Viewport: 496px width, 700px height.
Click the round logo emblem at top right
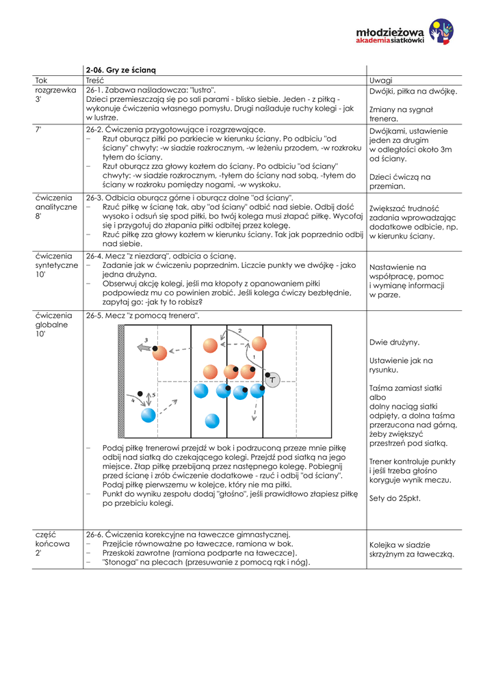[x=441, y=31]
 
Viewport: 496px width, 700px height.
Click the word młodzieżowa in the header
[x=390, y=32]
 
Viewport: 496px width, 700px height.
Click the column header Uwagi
[x=380, y=80]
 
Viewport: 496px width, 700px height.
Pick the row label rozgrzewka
[x=55, y=90]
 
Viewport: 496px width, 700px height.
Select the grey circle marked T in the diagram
[x=273, y=379]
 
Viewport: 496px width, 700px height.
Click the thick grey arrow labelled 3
[x=144, y=347]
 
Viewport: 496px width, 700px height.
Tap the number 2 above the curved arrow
[x=239, y=331]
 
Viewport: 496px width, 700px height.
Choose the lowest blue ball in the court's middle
[x=212, y=420]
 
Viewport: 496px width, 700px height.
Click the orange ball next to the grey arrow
[x=159, y=353]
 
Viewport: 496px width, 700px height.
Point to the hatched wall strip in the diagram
[x=121, y=381]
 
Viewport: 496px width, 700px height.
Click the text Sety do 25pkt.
[x=395, y=498]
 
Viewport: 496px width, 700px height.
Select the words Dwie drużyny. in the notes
[x=394, y=342]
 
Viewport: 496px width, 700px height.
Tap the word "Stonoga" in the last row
[x=121, y=562]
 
